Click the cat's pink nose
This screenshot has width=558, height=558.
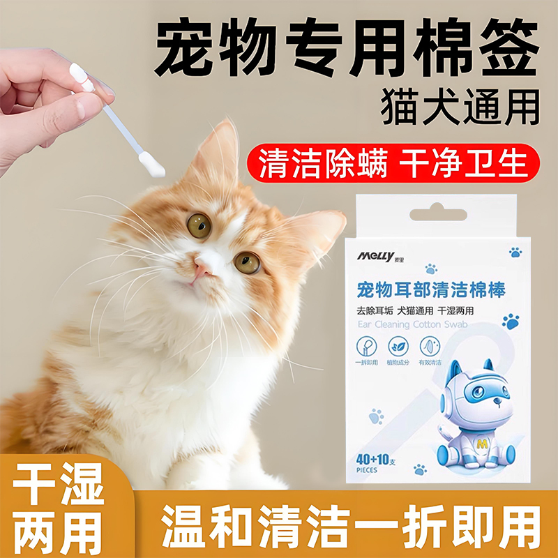(204, 266)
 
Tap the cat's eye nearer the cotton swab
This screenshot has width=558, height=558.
(199, 225)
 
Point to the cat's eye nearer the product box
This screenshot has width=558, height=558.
(246, 262)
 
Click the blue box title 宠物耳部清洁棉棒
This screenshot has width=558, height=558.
(431, 289)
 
